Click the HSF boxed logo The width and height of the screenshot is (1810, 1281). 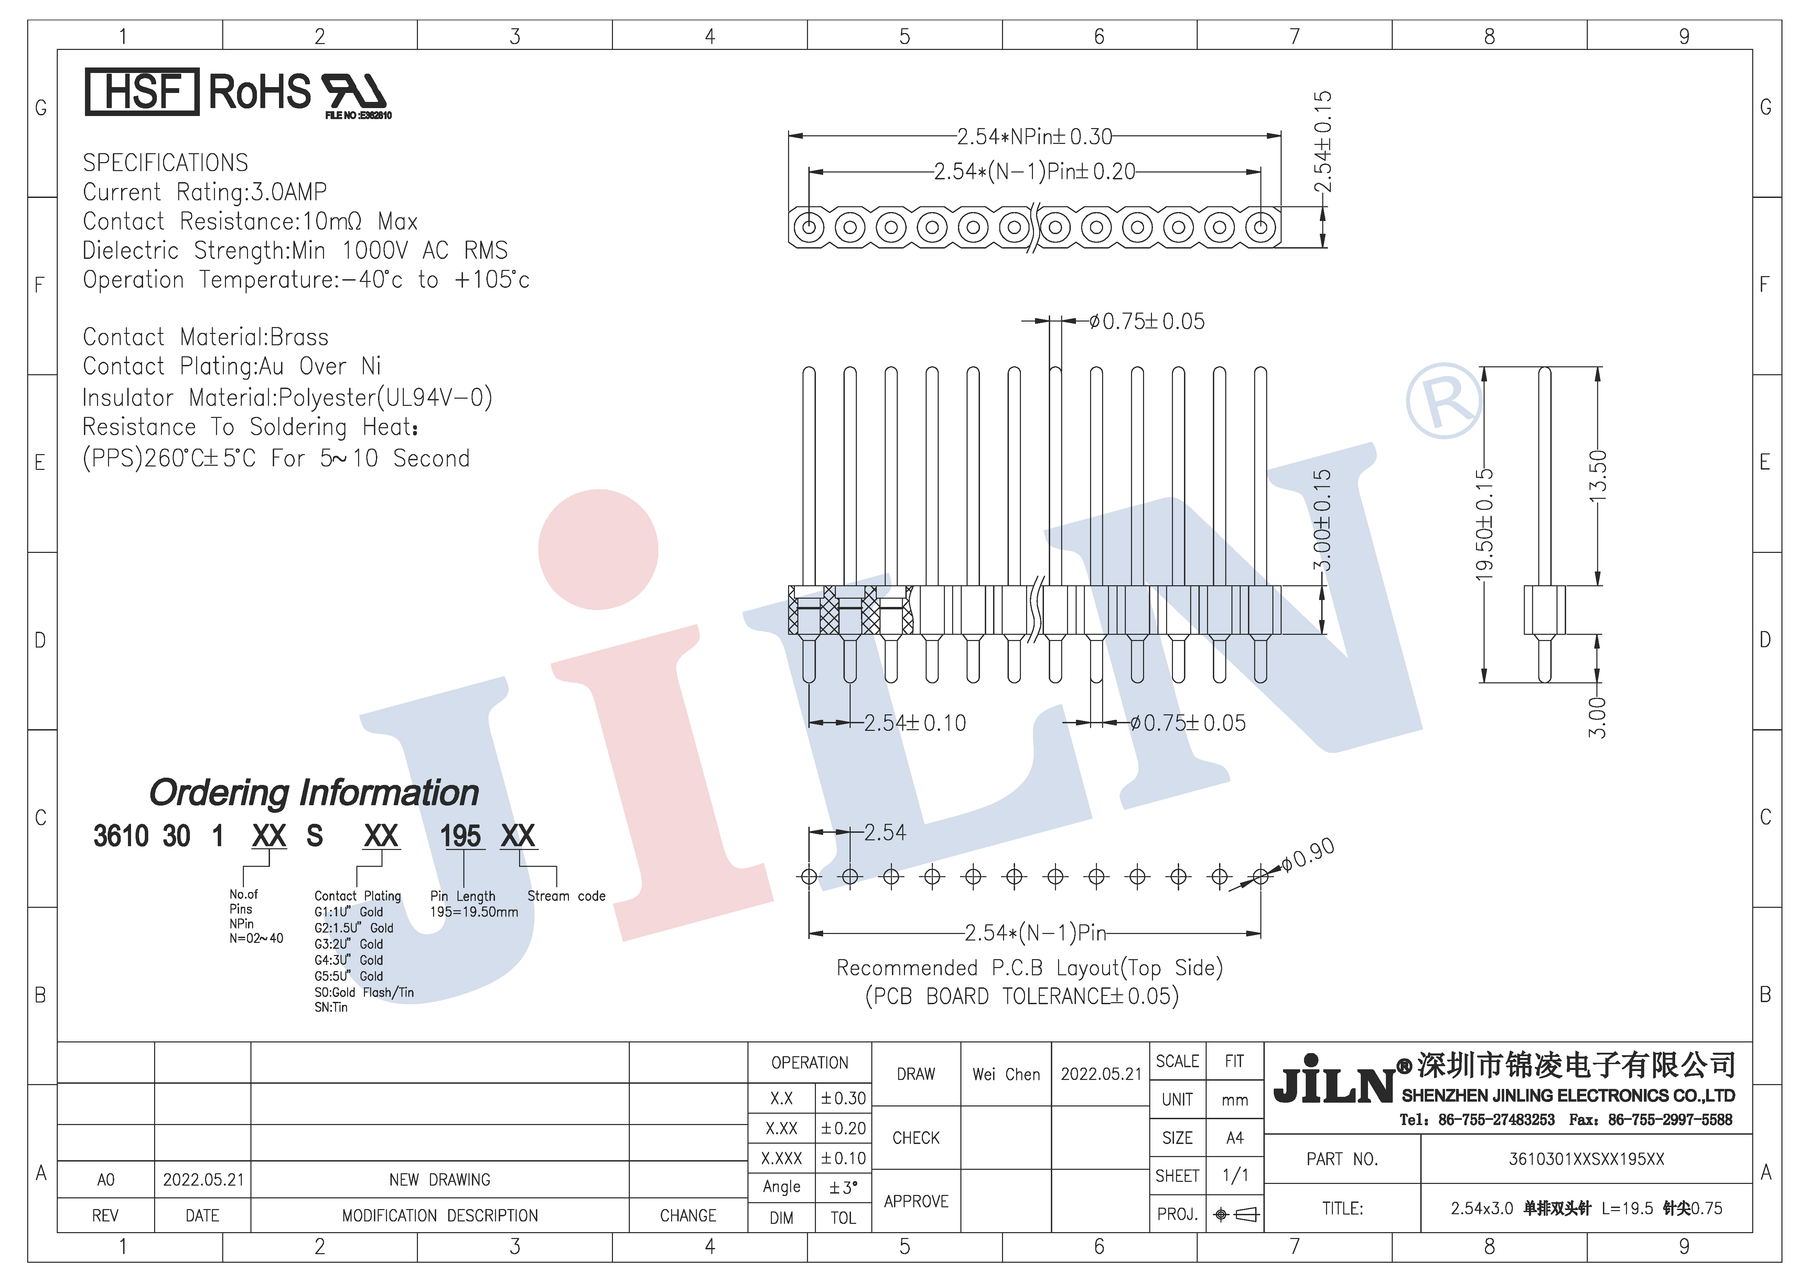tap(142, 92)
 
